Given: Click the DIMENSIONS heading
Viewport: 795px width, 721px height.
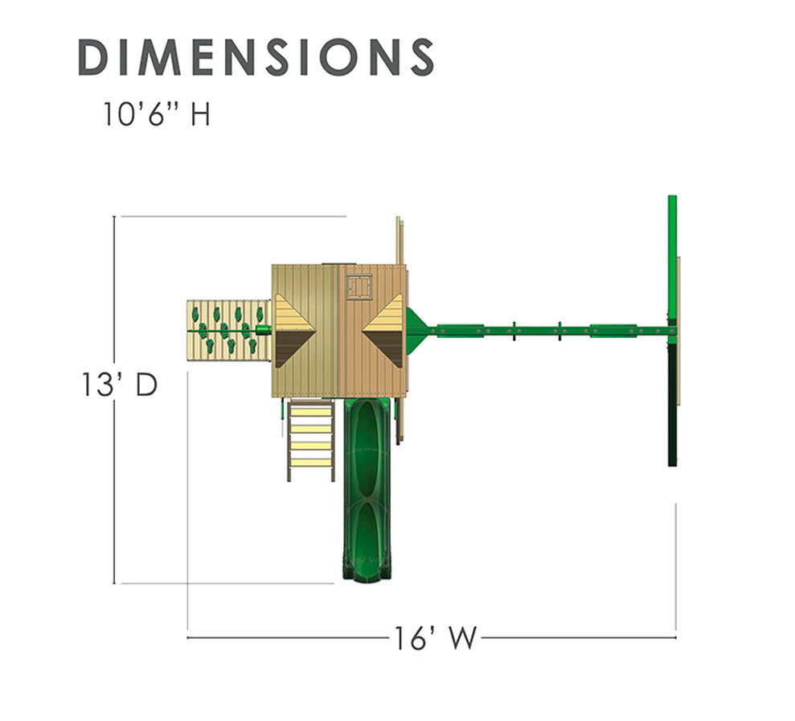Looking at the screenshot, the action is point(256,57).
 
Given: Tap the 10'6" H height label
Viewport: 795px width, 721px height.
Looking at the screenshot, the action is point(157,114).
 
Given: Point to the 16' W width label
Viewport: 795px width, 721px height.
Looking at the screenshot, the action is point(435,638).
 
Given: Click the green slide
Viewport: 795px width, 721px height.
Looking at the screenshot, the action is point(367,488).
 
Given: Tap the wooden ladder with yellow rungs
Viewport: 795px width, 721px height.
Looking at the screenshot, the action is point(311,440).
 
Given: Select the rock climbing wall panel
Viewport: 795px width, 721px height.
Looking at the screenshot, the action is point(228,330).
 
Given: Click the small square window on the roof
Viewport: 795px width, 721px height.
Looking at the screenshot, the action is point(359,286).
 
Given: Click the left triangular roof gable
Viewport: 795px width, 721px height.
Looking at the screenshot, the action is point(294,332).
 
